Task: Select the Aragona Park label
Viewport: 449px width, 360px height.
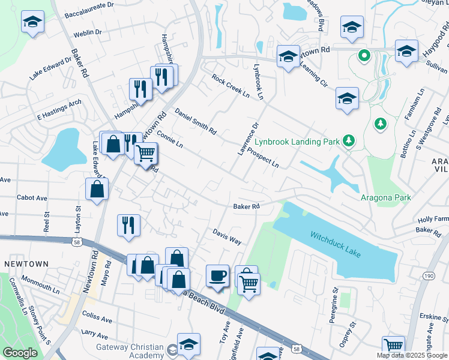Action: click(x=386, y=197)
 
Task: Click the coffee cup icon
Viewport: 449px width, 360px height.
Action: click(x=217, y=276)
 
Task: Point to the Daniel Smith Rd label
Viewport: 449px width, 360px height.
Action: click(x=195, y=121)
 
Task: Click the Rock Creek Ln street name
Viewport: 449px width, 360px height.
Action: click(x=230, y=85)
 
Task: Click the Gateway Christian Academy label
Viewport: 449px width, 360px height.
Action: click(x=130, y=351)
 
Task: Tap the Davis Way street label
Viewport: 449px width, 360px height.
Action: click(x=227, y=236)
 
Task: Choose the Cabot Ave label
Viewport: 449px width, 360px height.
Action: click(x=32, y=197)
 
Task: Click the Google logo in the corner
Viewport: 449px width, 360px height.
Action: click(x=20, y=353)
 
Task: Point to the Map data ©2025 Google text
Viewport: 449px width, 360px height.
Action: click(x=412, y=355)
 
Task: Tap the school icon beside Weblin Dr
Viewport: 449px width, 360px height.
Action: click(x=32, y=23)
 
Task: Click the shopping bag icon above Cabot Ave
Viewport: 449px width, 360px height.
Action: click(x=97, y=189)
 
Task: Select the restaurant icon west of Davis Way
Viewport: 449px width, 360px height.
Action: click(x=128, y=225)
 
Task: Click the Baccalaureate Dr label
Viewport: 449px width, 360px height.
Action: click(x=89, y=5)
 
